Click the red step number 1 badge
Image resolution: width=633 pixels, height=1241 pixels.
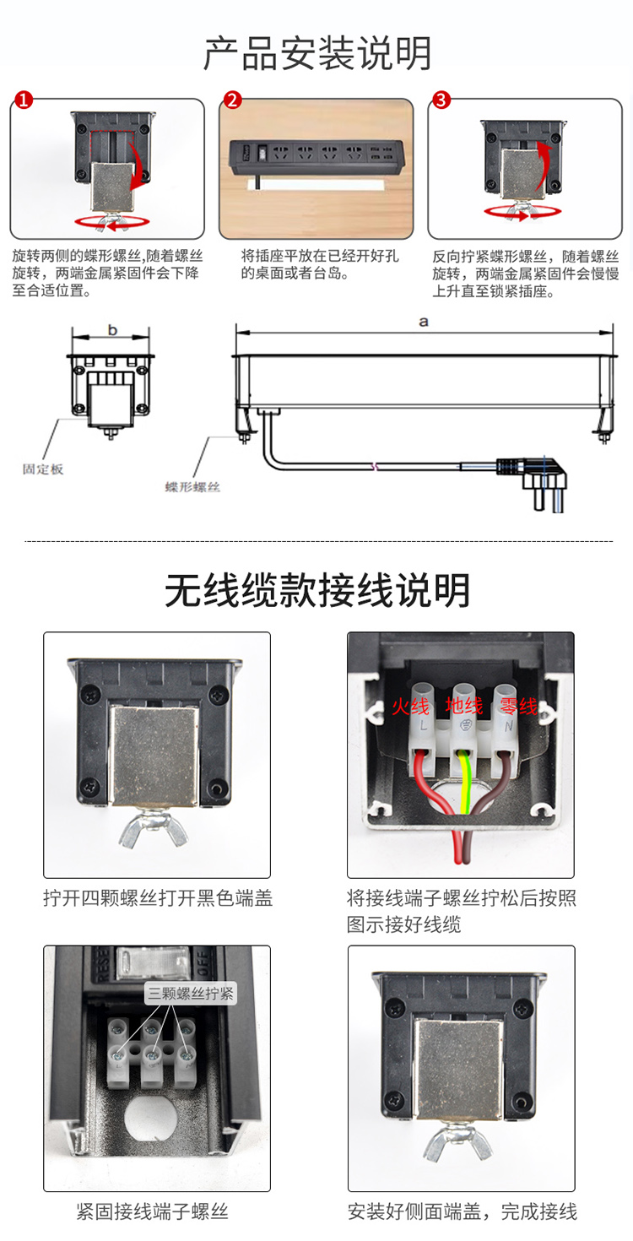[x=24, y=100]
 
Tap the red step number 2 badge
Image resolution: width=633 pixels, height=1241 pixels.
[x=232, y=100]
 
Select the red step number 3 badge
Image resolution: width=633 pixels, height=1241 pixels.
[x=441, y=100]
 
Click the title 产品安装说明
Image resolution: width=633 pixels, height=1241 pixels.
[x=317, y=54]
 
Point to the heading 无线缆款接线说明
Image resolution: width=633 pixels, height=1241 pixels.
[x=317, y=591]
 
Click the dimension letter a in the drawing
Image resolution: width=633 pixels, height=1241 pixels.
[x=424, y=322]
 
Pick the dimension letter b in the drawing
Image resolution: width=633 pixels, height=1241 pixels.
[x=112, y=330]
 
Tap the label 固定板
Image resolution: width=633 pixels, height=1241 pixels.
[x=43, y=469]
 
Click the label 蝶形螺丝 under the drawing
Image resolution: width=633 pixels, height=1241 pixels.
[x=192, y=487]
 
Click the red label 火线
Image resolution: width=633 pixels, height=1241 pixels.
[x=410, y=707]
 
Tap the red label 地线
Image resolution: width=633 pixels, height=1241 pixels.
[x=464, y=706]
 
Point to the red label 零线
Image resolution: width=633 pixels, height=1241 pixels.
[x=518, y=707]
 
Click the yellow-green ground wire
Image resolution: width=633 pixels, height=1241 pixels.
[x=465, y=781]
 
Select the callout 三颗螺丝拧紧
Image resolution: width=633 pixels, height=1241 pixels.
[x=191, y=993]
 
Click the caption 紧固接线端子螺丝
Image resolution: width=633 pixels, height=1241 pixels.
[x=152, y=1211]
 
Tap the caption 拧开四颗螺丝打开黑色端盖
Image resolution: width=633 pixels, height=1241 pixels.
[x=158, y=898]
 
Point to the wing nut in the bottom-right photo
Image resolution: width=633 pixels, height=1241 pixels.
[x=458, y=1142]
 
